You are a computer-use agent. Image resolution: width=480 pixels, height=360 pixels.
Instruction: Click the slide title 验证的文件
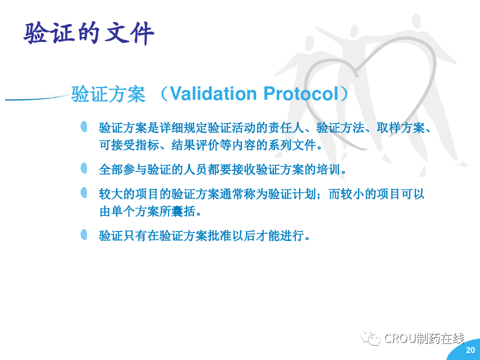coord(89,33)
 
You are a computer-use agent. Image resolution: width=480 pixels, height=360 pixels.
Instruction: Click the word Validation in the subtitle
coord(213,93)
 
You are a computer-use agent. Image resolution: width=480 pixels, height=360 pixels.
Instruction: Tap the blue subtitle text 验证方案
coord(108,94)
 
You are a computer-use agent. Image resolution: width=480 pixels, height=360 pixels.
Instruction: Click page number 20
coord(470,350)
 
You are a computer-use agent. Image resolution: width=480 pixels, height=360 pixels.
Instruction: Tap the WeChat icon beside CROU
coord(370,338)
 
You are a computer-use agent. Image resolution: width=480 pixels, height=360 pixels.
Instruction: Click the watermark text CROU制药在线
coord(424,338)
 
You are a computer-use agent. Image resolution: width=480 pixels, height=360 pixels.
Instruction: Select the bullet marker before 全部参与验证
coord(84,168)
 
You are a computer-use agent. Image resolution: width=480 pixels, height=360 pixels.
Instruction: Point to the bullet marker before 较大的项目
coord(84,193)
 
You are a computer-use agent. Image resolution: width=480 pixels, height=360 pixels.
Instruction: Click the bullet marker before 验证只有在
coord(84,234)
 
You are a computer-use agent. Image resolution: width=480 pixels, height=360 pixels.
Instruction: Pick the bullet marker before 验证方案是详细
coord(84,126)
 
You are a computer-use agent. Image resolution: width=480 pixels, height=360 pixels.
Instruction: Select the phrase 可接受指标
coord(129,145)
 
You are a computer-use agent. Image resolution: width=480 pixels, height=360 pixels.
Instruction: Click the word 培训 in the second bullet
coord(328,169)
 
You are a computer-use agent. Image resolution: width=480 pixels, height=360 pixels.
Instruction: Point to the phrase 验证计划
coord(292,194)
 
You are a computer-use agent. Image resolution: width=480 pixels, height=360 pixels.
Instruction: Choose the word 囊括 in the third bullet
coord(183,211)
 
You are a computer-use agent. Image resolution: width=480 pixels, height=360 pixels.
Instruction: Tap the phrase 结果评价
coord(195,145)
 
